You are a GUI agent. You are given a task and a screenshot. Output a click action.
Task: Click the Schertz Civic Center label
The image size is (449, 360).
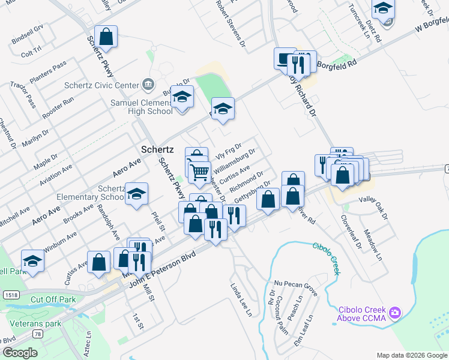(101, 85)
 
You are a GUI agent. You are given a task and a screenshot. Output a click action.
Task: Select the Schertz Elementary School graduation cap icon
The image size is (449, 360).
(137, 194)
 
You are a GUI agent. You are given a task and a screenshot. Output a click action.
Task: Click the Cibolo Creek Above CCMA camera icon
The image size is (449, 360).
(394, 313)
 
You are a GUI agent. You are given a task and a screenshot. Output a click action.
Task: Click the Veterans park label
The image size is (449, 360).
(36, 323)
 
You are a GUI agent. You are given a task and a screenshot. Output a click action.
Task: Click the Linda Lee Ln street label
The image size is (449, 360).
(241, 299)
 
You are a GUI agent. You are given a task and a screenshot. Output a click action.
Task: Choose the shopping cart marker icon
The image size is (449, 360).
(199, 172)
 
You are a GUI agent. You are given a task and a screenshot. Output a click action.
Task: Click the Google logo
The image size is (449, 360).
(20, 353)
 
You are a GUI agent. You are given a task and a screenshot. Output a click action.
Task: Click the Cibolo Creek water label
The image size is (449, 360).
(327, 257)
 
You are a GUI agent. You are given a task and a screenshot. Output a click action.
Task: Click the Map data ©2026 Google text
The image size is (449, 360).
(412, 355)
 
